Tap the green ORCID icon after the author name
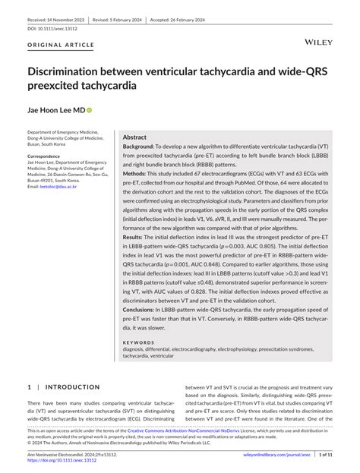(90, 110)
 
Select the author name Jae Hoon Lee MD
(56, 110)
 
